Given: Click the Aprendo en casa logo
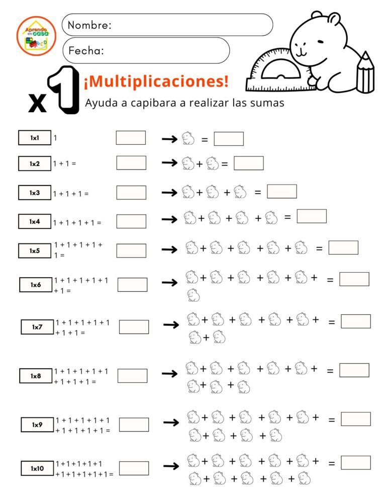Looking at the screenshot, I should [x=36, y=36].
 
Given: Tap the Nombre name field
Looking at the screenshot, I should [x=167, y=25].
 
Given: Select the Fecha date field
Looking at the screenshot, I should [x=146, y=50].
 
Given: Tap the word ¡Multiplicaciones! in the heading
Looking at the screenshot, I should [x=156, y=80].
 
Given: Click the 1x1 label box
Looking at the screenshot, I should [x=35, y=138].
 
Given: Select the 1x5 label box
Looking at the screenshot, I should [x=35, y=251].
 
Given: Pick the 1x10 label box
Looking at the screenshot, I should [x=37, y=468].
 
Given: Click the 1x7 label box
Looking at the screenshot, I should [x=37, y=327].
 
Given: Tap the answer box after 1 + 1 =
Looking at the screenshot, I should [x=131, y=163].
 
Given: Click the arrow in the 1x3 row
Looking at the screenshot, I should [x=169, y=192].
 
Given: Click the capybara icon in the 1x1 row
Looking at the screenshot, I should [x=187, y=138].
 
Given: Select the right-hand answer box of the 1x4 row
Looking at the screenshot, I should [x=312, y=216].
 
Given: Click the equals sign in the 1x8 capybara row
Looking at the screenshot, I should [x=330, y=371].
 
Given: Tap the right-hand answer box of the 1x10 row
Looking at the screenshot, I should [x=356, y=463].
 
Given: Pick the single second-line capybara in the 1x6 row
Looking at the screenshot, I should [x=194, y=295].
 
